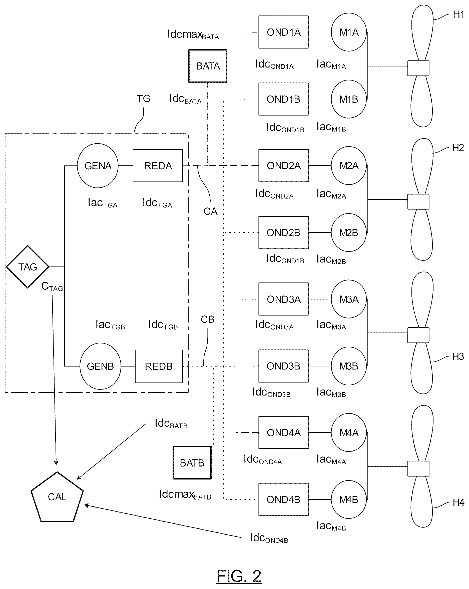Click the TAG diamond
click(28, 267)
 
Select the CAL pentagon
click(57, 497)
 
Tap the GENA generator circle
click(98, 165)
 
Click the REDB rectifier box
click(159, 366)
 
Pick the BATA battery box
click(208, 66)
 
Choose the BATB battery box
click(192, 463)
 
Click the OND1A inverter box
click(283, 32)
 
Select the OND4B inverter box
click(283, 499)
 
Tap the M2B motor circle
click(348, 232)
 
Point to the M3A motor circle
click(348, 299)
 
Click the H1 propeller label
click(458, 14)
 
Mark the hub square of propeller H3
click(418, 335)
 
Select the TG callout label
click(144, 98)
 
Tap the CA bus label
click(210, 211)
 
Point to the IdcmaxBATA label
click(193, 35)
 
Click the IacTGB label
click(110, 325)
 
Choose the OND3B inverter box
click(283, 366)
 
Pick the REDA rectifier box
click(158, 165)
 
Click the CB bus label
click(207, 319)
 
